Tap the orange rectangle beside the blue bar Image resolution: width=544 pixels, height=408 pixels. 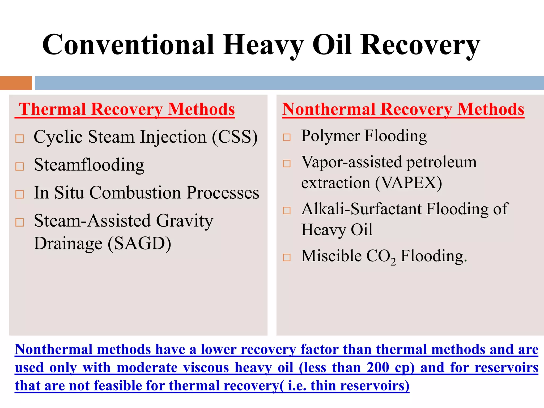point(16,83)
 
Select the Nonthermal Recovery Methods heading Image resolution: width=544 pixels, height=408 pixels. point(403,109)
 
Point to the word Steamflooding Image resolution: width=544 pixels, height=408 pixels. point(89,165)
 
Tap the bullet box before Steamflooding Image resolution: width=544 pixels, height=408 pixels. point(20,167)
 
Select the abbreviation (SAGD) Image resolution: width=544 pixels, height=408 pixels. point(139,244)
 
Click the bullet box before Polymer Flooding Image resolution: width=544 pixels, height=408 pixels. point(287,137)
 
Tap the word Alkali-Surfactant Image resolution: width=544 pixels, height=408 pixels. point(362,209)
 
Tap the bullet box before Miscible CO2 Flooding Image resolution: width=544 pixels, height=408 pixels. point(287,257)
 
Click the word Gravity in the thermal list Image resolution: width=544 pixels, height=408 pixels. point(185,221)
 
